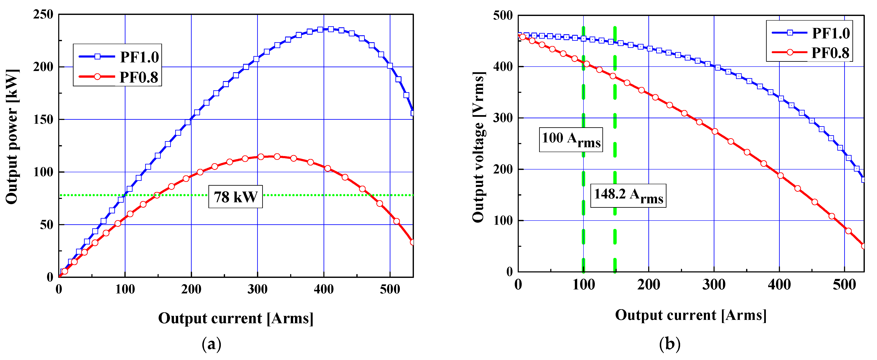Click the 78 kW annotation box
pos(235,197)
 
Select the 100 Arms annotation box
pos(571,139)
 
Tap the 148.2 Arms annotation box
pos(628,196)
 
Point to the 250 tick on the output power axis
pos(43,14)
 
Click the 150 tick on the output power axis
pos(43,120)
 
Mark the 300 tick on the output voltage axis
pos(503,118)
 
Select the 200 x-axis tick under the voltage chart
pos(649,284)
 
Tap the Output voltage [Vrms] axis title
pos(478,147)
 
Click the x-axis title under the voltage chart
pos(690,315)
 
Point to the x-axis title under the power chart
pos(236,318)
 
